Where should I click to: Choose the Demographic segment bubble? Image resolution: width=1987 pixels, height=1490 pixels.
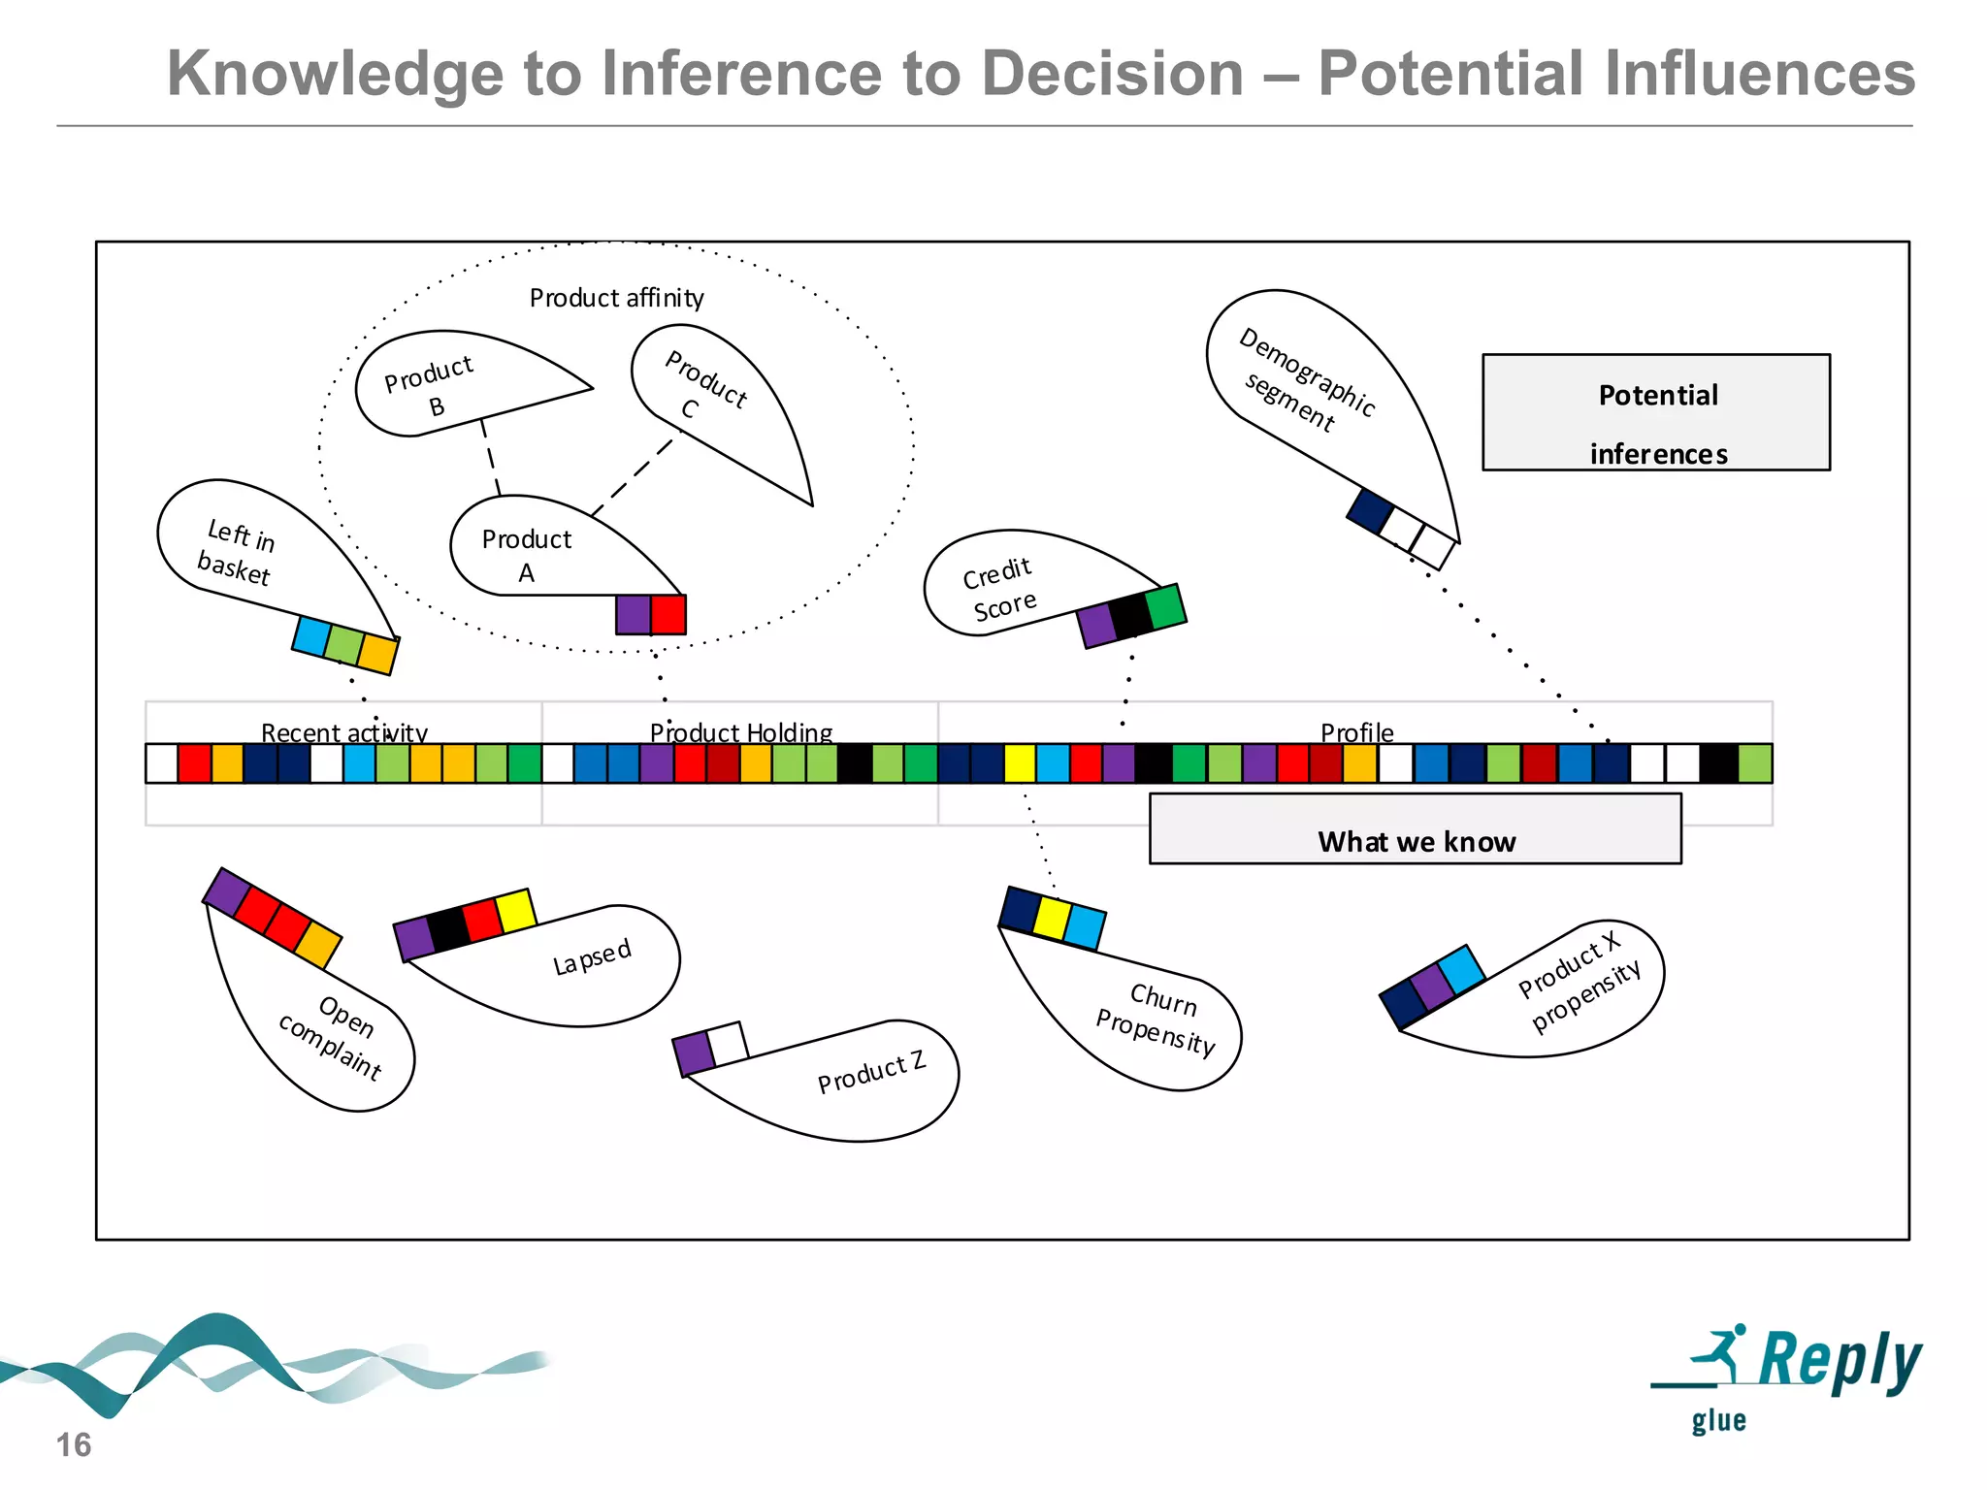coord(1319,388)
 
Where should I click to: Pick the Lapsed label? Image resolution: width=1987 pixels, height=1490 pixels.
coord(592,957)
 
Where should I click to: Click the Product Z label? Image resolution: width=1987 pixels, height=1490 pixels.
coord(871,1072)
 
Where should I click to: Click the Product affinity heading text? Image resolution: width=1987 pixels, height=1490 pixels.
coord(616,298)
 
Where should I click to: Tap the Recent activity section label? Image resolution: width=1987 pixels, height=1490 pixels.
coord(344,731)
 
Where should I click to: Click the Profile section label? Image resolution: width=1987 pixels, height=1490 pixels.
coord(1356,731)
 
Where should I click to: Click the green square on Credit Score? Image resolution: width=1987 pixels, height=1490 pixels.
coord(1165,606)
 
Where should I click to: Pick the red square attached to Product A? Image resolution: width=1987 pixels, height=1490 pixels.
coord(668,614)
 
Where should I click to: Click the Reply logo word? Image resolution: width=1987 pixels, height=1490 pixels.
coord(1839,1360)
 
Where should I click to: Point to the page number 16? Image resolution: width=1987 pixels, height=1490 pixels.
coord(74,1444)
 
